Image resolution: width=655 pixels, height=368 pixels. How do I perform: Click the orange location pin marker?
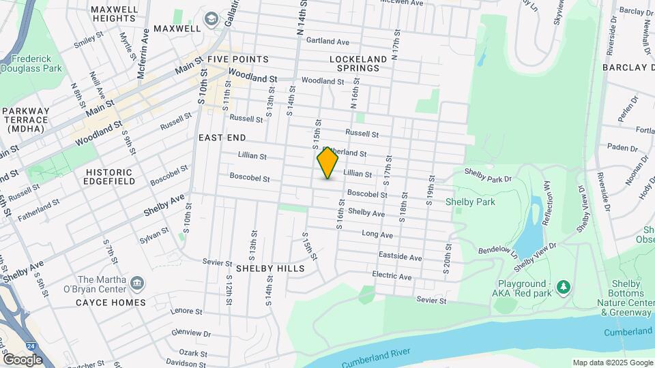click(327, 163)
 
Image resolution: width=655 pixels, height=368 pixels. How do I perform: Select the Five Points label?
click(238, 59)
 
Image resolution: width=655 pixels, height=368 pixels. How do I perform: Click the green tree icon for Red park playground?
click(563, 286)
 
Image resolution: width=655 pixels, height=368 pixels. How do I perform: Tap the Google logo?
click(22, 359)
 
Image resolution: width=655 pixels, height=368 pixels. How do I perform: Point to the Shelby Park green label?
click(470, 202)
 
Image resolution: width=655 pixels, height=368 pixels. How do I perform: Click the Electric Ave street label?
click(392, 276)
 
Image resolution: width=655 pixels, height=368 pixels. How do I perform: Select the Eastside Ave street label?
click(401, 257)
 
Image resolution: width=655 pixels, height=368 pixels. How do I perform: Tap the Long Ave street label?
click(377, 234)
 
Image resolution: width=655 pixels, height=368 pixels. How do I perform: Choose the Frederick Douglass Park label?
click(31, 63)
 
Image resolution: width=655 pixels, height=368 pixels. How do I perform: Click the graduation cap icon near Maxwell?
click(212, 18)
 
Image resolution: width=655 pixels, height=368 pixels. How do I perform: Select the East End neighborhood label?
click(222, 138)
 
